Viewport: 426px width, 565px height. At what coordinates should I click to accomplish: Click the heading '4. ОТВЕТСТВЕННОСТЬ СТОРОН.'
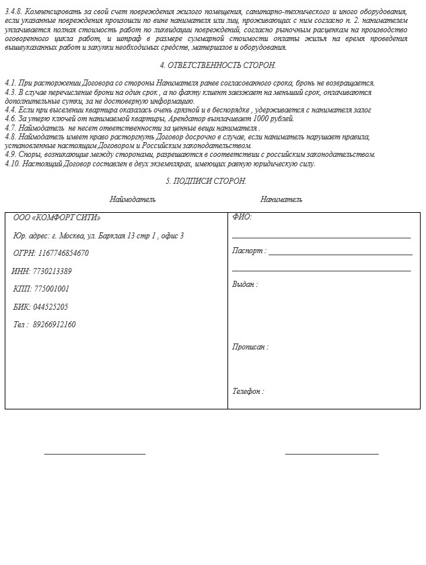coord(217,65)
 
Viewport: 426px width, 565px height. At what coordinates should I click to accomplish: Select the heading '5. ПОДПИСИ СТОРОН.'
coord(206,181)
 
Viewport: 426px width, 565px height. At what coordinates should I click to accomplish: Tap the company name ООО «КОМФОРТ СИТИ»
coord(57,218)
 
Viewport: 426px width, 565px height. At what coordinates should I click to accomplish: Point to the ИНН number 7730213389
coord(52,271)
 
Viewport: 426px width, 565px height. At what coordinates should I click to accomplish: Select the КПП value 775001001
coord(52,289)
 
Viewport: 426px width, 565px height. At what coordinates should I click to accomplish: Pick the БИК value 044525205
coord(51,307)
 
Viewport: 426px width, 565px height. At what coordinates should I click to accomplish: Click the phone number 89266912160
coord(54,325)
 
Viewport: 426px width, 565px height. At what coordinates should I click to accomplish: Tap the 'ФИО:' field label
coord(242,218)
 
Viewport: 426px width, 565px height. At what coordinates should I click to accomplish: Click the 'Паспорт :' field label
coord(249,251)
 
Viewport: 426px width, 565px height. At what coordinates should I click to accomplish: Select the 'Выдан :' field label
coord(245,284)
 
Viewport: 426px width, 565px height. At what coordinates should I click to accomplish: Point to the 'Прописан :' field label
coord(250,347)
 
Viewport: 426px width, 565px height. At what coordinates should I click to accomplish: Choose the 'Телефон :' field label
coord(248,391)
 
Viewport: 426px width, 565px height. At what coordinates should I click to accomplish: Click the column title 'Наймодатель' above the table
coord(133,199)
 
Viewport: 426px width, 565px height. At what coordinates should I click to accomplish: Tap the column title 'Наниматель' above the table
coord(281,199)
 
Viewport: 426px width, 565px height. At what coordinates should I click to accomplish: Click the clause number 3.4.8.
coord(13,12)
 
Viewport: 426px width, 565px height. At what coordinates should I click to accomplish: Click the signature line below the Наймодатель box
coord(95,453)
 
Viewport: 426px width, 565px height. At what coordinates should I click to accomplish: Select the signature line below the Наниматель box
coord(332,453)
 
